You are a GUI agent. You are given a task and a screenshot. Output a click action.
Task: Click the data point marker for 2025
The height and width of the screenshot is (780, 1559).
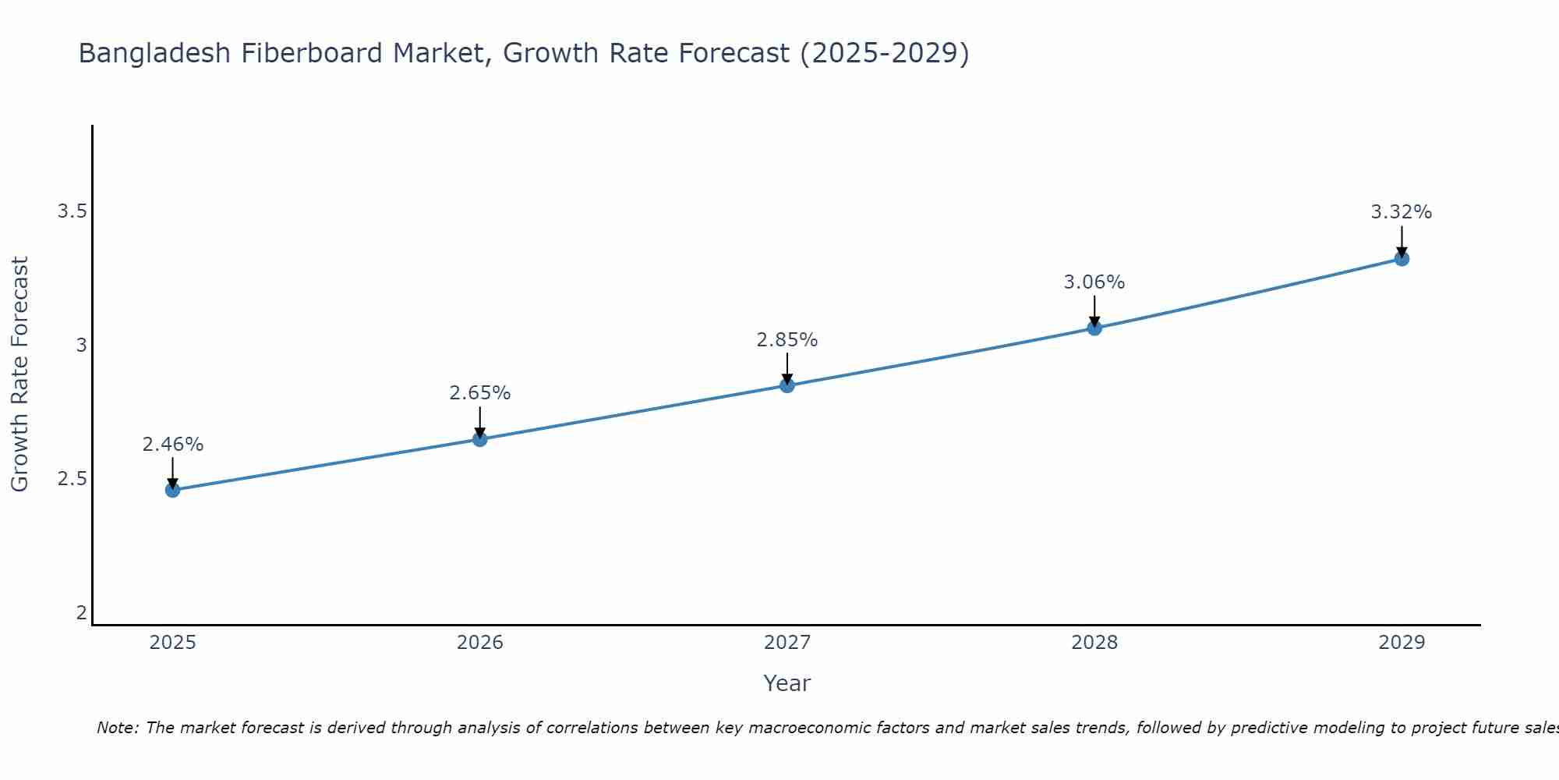[172, 490]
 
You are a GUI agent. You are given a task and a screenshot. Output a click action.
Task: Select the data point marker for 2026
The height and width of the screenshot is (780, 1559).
[479, 439]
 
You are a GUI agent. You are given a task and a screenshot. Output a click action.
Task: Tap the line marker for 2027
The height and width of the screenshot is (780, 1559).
[787, 385]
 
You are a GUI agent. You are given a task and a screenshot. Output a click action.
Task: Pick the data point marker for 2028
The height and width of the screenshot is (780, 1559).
[1094, 328]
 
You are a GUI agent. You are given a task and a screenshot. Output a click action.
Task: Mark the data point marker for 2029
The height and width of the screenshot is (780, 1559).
[1402, 259]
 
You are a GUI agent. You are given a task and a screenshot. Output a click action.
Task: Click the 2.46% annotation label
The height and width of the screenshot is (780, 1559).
[172, 445]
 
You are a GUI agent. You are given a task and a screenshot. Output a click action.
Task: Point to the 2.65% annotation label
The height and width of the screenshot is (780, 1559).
[479, 393]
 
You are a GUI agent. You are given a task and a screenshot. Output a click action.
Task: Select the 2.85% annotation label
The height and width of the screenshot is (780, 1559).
[787, 340]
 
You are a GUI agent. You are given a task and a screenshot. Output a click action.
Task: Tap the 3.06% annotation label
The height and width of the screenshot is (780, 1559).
[1094, 282]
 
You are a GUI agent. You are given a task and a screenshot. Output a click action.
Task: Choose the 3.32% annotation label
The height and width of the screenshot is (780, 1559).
[1402, 212]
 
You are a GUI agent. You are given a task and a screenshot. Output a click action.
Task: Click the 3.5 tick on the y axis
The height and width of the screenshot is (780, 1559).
[72, 211]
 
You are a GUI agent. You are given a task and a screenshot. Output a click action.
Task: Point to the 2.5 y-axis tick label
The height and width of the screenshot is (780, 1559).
[72, 479]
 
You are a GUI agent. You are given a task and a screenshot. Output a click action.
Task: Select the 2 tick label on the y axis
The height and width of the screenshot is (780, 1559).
[81, 613]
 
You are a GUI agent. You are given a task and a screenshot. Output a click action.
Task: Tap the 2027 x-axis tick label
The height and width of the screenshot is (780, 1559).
[787, 643]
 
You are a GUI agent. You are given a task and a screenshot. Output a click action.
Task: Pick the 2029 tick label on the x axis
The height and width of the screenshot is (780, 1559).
[1402, 643]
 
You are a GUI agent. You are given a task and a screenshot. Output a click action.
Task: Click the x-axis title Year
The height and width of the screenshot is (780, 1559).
[787, 683]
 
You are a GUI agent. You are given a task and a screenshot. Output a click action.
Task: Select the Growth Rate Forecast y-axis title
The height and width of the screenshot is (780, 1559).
[19, 374]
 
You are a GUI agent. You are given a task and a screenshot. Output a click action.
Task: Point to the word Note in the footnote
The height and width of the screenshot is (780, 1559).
[117, 728]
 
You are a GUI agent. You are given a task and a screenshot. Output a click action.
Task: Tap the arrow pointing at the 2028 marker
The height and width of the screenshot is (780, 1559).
[1094, 311]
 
